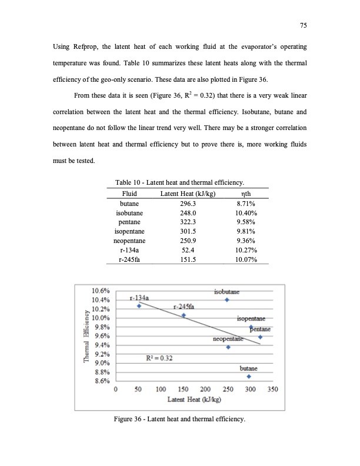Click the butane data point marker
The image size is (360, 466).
point(249,377)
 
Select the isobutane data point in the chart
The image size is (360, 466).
point(227,300)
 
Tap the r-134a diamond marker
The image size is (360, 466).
point(139,306)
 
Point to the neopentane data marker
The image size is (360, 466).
point(228,347)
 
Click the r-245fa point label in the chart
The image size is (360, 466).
point(184,307)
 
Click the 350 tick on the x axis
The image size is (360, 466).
point(273,390)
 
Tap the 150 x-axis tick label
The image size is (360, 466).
point(183,390)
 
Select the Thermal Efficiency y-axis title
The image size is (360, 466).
point(86,336)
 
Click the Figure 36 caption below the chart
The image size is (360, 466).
point(179,419)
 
